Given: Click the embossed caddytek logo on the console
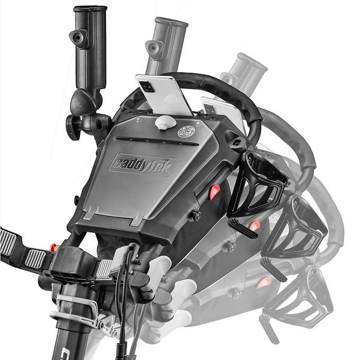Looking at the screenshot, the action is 142,165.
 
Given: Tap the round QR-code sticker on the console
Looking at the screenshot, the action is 186,132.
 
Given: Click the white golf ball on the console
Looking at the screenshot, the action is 165,122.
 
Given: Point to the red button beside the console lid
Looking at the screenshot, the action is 214,192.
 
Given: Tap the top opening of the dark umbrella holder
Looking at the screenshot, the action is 90,9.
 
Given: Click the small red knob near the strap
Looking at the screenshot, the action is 54,248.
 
